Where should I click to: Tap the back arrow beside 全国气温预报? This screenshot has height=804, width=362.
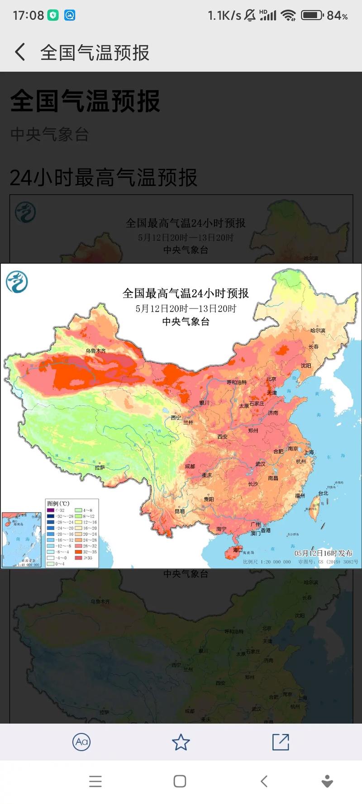(x=20, y=52)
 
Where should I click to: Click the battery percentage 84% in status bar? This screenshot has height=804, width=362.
(x=337, y=15)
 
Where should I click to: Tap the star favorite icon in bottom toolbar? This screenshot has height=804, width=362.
(x=181, y=742)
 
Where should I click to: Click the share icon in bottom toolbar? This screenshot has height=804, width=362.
(x=281, y=742)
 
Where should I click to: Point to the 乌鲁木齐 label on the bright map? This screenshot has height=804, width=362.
(x=95, y=350)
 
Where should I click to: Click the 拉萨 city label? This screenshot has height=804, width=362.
(x=100, y=467)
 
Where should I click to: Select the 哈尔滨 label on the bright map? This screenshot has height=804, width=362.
(x=318, y=331)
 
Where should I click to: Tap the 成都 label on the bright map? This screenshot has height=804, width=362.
(x=190, y=466)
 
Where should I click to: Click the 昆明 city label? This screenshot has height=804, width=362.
(x=179, y=511)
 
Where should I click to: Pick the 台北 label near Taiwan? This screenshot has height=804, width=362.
(x=323, y=493)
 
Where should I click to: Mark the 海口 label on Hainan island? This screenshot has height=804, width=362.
(x=238, y=550)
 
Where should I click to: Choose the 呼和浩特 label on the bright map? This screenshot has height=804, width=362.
(x=237, y=383)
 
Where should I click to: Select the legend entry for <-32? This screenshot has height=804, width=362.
(x=55, y=510)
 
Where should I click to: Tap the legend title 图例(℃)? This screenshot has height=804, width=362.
(x=58, y=503)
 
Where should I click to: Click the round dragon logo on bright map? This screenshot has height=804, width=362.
(x=17, y=282)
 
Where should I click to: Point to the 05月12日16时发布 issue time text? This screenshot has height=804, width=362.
(x=323, y=553)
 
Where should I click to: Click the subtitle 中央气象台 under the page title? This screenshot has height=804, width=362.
(x=49, y=134)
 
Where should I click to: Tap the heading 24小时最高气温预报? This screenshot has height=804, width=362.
(x=103, y=178)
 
